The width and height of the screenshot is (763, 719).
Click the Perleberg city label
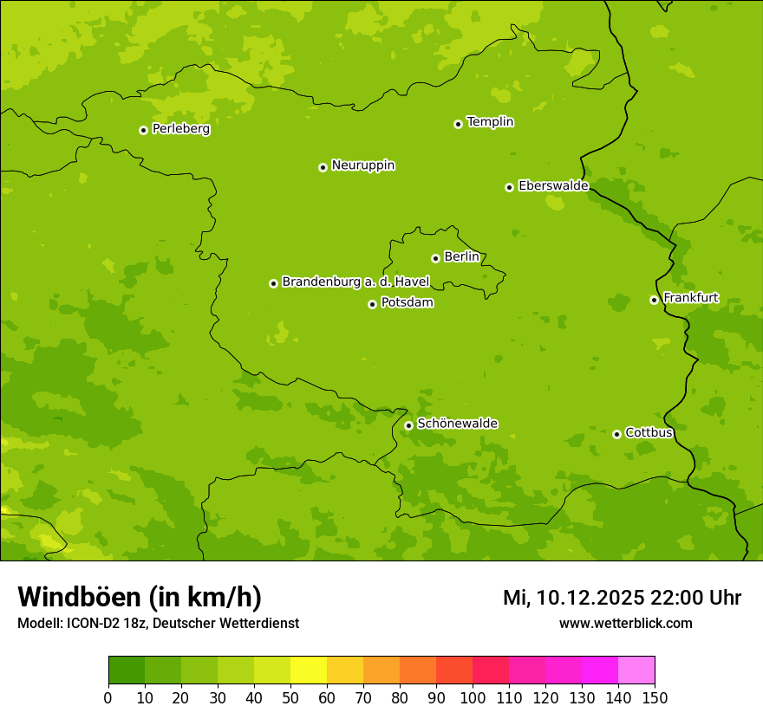click(x=180, y=129)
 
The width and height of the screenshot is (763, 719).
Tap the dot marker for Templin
click(x=458, y=124)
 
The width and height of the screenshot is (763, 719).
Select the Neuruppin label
click(x=362, y=165)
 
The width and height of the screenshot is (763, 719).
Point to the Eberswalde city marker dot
click(x=509, y=187)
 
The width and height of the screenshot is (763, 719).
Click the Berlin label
click(x=461, y=257)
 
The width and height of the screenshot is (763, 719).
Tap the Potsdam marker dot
click(x=372, y=304)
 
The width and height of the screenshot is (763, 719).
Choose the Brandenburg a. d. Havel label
click(x=355, y=282)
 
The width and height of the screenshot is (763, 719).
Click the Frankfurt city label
click(x=690, y=298)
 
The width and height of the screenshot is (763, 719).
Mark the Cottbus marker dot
click(x=616, y=434)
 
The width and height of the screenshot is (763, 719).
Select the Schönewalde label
click(x=457, y=424)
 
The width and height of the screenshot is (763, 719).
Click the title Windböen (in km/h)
click(x=140, y=597)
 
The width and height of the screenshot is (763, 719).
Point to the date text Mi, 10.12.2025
click(x=573, y=598)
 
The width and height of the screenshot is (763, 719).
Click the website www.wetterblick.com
click(x=625, y=623)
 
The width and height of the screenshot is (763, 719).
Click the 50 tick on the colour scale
click(x=290, y=696)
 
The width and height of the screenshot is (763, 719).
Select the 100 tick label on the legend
click(x=473, y=696)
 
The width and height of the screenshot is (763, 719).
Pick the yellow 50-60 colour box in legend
click(x=309, y=670)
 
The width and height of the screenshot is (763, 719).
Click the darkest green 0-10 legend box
click(x=127, y=670)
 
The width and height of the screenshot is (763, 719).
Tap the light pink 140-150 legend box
click(x=636, y=670)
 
